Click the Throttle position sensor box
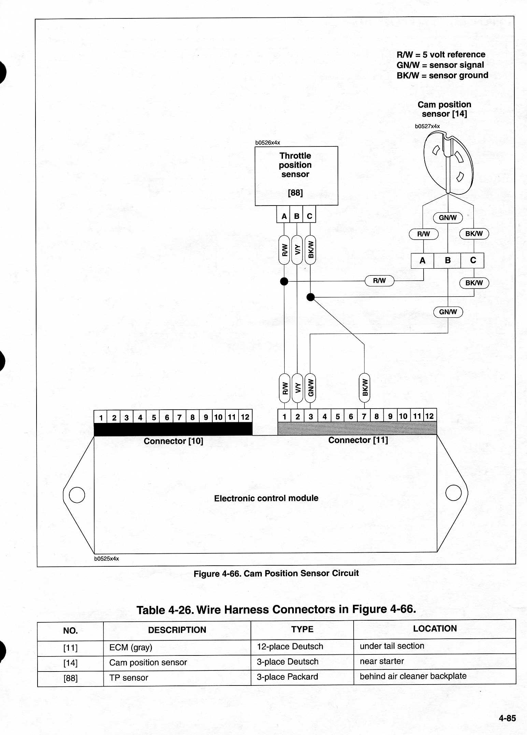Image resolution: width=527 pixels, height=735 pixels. [x=296, y=176]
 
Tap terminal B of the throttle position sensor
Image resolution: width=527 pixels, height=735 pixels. [x=297, y=216]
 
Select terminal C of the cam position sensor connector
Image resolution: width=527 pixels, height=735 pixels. [x=473, y=260]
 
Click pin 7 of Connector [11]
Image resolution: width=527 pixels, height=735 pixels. [x=364, y=416]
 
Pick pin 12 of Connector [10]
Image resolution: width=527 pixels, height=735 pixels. [x=245, y=417]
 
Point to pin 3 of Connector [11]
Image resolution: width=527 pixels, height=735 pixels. [x=311, y=416]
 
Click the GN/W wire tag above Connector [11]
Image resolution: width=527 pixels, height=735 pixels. [x=310, y=388]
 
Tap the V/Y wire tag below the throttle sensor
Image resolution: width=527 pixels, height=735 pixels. [x=297, y=250]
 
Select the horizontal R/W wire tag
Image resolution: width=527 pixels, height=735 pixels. [x=380, y=281]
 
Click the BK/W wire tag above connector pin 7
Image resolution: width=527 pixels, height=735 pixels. [x=365, y=388]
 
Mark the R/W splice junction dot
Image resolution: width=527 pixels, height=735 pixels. [x=284, y=281]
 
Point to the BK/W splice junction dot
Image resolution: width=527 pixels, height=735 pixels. [x=311, y=297]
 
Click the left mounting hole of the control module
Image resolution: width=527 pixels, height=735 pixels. [x=77, y=495]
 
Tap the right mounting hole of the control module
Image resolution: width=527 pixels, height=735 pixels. [x=454, y=493]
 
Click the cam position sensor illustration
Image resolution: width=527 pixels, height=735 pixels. [x=448, y=163]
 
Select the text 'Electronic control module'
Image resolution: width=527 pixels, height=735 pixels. [x=266, y=498]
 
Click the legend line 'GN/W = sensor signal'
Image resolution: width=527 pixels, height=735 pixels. [x=440, y=65]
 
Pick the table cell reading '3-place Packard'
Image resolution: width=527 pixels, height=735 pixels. [x=287, y=677]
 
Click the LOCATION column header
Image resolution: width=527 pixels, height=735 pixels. [x=435, y=628]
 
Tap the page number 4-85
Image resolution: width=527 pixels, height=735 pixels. [x=507, y=718]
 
